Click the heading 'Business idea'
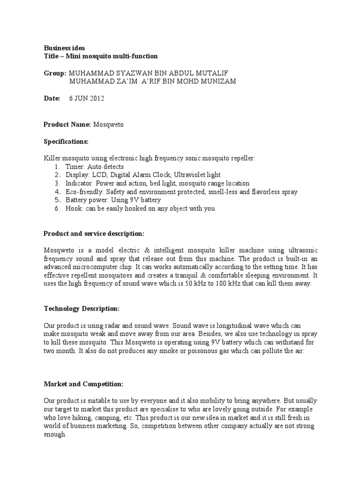click(x=64, y=48)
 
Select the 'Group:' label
click(x=55, y=73)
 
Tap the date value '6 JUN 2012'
click(x=86, y=99)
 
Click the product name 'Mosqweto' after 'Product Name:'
click(x=108, y=124)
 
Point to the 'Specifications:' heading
click(x=66, y=141)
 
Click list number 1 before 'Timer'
click(x=56, y=167)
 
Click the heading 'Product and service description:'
click(x=94, y=233)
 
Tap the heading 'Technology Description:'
click(x=81, y=309)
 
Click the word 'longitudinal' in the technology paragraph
click(x=212, y=326)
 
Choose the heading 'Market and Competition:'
click(x=83, y=384)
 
